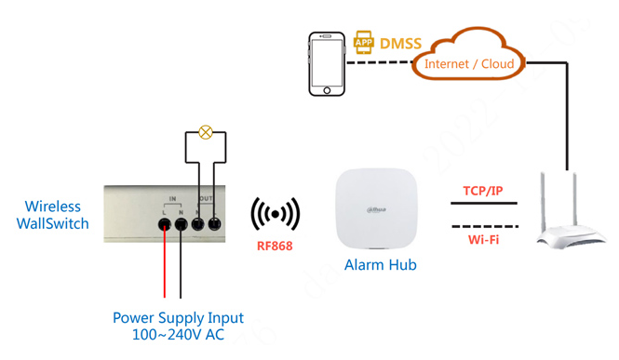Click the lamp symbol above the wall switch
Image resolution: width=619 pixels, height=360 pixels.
pos(206,133)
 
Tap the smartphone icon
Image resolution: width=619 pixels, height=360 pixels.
pos(327,64)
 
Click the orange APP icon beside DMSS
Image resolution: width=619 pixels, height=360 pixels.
pos(363,43)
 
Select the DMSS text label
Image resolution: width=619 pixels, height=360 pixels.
pos(400,44)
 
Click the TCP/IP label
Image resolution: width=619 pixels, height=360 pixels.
pos(483,192)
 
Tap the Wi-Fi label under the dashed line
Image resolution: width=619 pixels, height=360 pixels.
pos(483,240)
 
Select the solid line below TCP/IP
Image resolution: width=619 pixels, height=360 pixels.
pos(483,204)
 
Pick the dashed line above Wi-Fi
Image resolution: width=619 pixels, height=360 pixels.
pos(483,226)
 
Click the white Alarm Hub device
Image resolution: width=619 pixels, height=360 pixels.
pos(377,209)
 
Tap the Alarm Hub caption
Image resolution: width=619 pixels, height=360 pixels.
pos(380,265)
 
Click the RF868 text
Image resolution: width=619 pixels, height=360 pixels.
pos(275,247)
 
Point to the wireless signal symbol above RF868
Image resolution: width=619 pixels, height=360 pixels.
pos(275,215)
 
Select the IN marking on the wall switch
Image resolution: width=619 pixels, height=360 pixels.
pos(173,199)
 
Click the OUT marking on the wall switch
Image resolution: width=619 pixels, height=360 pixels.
pos(207,199)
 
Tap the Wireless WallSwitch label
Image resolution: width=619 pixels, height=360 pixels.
pos(53,215)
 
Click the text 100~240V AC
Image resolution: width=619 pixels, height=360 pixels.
pos(178,335)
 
